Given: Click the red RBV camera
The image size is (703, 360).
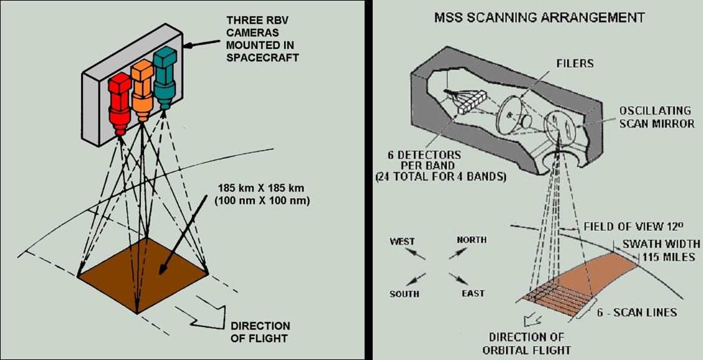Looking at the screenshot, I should [x=119, y=103].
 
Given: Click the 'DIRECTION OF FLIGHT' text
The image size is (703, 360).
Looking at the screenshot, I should [x=261, y=332].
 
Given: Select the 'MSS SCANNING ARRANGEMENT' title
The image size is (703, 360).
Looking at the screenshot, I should [x=538, y=17].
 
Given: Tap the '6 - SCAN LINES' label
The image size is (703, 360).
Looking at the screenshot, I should [x=636, y=311].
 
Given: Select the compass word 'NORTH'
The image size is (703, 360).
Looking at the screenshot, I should [x=471, y=240].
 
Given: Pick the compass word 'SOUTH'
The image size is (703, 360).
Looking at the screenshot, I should [x=404, y=293].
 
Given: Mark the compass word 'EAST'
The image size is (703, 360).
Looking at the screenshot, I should [x=474, y=293].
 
